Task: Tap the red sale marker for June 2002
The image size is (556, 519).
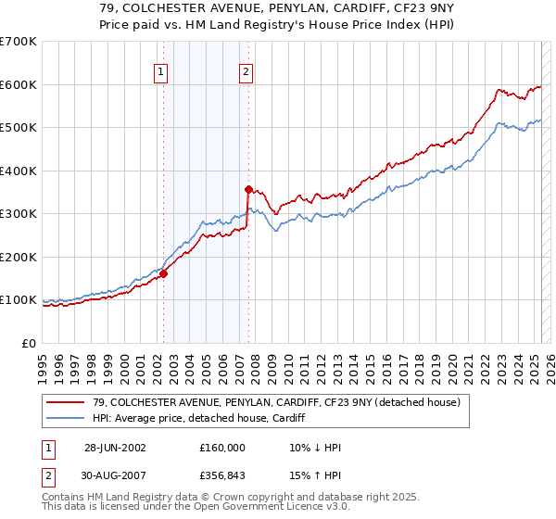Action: pos(163,273)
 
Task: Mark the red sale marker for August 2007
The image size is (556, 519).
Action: pos(248,189)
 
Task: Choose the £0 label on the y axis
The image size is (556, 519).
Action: pos(30,343)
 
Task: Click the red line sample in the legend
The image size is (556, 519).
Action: pos(66,401)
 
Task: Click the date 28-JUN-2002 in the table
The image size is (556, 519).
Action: pos(115,447)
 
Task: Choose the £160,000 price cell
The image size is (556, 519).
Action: pos(222,447)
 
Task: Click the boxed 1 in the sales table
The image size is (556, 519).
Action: pos(48,447)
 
